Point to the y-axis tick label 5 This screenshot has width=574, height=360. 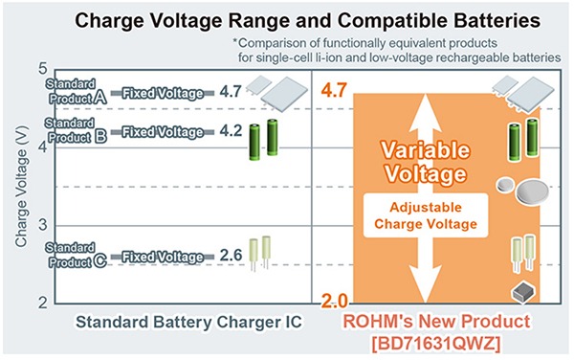pyautogui.click(x=39, y=69)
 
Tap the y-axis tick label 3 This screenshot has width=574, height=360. pyautogui.click(x=39, y=224)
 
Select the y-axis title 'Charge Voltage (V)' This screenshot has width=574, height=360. pyautogui.click(x=20, y=188)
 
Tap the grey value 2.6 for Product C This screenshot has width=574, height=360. pyautogui.click(x=231, y=256)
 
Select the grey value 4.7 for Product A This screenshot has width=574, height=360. pyautogui.click(x=231, y=93)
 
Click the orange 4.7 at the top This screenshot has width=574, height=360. pyautogui.click(x=335, y=92)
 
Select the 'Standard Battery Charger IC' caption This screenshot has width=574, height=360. pyautogui.click(x=185, y=323)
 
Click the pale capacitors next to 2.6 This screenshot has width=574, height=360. pyautogui.click(x=260, y=255)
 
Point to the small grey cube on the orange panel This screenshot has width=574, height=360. pyautogui.click(x=522, y=291)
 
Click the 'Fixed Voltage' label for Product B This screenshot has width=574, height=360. pyautogui.click(x=163, y=131)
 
